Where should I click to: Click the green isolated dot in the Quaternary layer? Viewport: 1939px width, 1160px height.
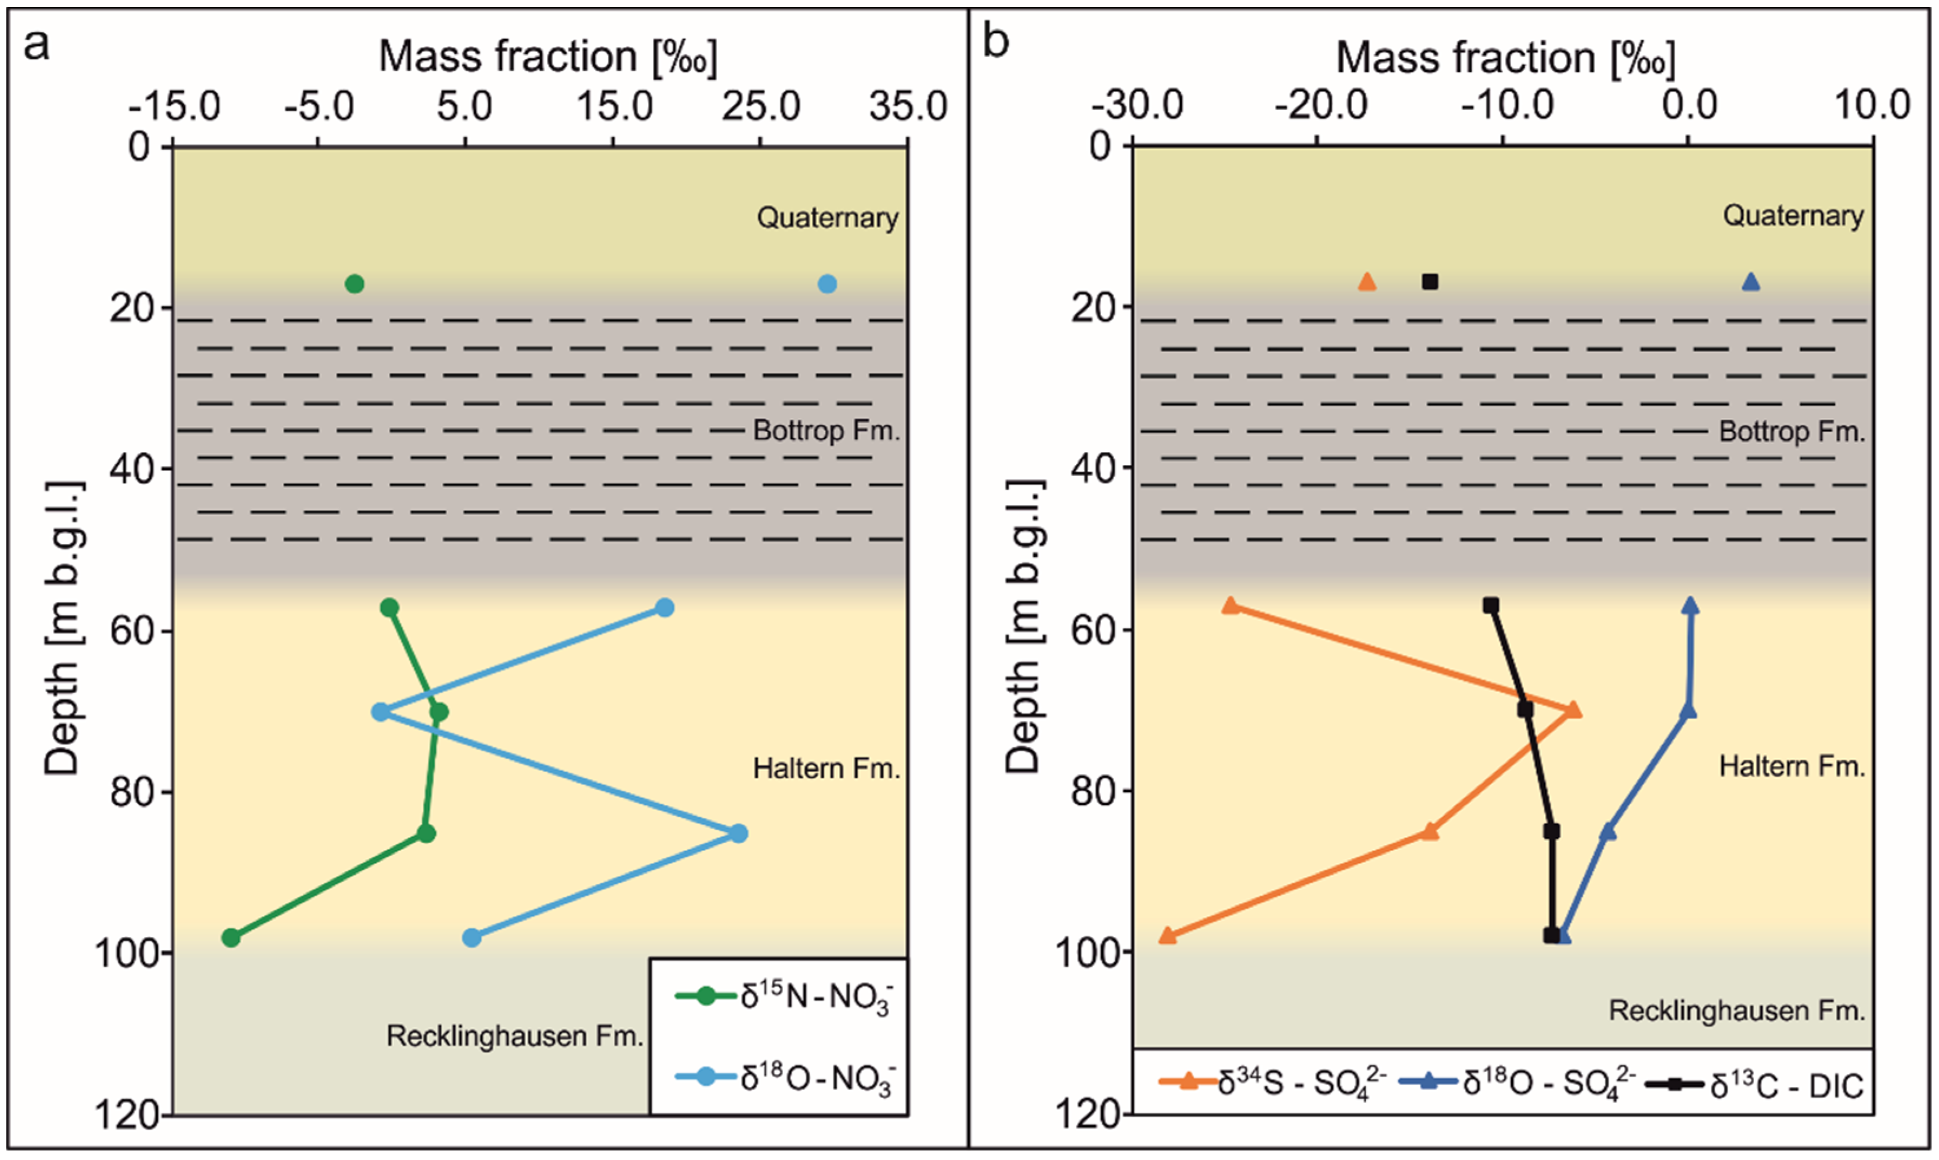click(x=354, y=284)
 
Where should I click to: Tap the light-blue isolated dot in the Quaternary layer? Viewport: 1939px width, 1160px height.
click(x=827, y=284)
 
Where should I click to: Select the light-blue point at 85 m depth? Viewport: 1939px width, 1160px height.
click(x=738, y=833)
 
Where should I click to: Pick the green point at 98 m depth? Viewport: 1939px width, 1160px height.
click(x=230, y=937)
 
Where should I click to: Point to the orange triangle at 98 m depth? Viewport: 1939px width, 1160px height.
click(x=1167, y=935)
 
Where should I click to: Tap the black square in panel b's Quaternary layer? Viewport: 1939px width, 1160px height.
click(x=1429, y=281)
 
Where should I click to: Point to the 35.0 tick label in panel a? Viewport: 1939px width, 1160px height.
click(x=909, y=106)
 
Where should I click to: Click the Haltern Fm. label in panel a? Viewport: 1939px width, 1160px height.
click(x=826, y=769)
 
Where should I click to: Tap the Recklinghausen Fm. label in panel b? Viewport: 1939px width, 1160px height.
click(x=1736, y=1011)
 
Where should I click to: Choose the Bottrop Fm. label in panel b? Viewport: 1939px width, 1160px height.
click(x=1791, y=431)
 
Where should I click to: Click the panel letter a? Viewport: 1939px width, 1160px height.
click(x=36, y=45)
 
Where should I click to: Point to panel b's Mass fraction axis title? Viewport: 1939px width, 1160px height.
click(x=1505, y=58)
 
